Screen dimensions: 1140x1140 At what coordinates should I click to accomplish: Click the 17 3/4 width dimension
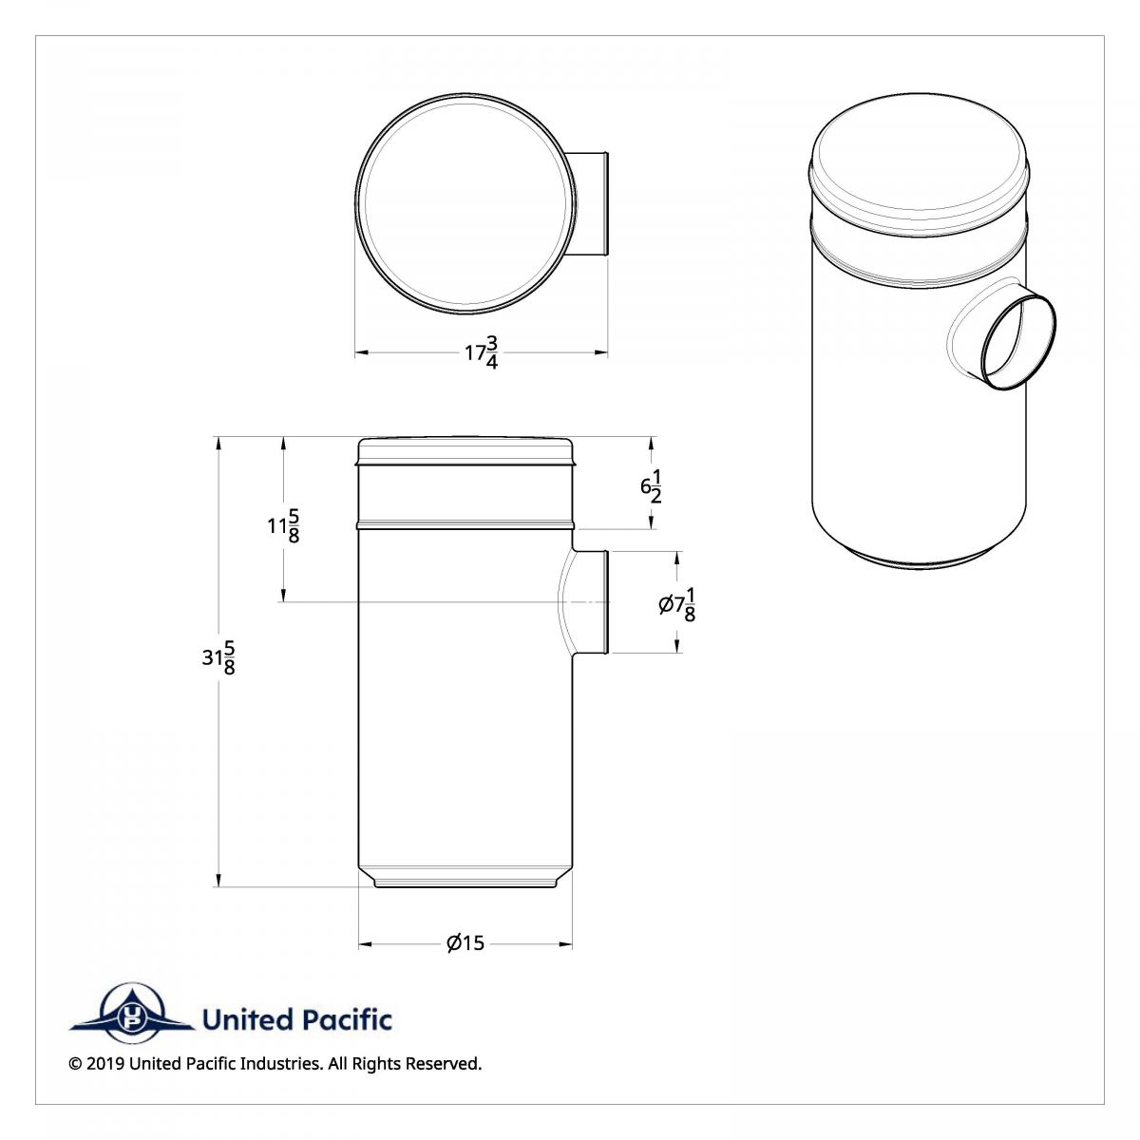pyautogui.click(x=482, y=352)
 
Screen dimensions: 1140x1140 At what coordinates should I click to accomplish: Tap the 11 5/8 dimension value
pyautogui.click(x=284, y=525)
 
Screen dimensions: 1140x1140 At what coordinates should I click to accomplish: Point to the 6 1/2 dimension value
pyautogui.click(x=651, y=487)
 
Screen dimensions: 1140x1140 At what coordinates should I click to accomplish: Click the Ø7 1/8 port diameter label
pyautogui.click(x=677, y=604)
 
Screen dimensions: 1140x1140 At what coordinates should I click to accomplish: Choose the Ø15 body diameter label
pyautogui.click(x=465, y=943)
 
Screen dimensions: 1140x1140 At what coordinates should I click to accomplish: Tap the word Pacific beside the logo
pyautogui.click(x=348, y=1020)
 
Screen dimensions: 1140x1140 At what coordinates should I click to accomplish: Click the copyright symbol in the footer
pyautogui.click(x=75, y=1064)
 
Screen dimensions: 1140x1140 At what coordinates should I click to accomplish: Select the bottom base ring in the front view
pyautogui.click(x=465, y=883)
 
